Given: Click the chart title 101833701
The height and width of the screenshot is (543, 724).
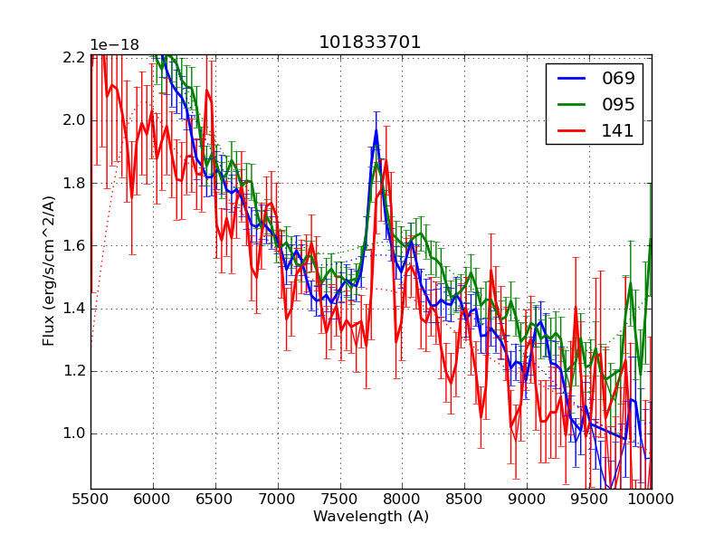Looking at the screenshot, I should click(370, 43).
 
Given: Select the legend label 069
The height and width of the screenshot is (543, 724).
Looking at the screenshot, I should click(619, 78).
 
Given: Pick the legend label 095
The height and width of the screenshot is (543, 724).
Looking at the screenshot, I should click(619, 104).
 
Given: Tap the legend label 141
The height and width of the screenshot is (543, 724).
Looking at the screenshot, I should click(619, 130).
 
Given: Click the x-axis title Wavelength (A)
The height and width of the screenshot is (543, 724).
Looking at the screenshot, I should click(371, 517).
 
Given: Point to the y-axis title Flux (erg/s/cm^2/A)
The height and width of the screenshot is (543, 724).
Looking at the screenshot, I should click(49, 271).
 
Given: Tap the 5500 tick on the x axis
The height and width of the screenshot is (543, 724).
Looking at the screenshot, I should click(90, 500).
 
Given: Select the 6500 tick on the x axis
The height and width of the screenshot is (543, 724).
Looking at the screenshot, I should click(215, 500).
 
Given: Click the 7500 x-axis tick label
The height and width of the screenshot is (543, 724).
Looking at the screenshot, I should click(340, 500).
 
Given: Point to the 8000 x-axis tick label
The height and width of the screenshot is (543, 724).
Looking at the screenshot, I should click(403, 500).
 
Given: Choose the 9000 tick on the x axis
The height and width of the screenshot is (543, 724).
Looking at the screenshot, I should click(528, 500).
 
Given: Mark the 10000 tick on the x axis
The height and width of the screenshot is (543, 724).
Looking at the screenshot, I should click(650, 500).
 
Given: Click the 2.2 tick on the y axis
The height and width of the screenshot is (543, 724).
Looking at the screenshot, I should click(73, 57).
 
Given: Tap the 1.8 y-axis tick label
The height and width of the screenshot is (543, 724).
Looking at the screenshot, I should click(73, 183).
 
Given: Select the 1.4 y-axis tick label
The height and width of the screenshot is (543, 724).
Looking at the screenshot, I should click(73, 308).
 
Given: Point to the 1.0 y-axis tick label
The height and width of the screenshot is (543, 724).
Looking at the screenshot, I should click(73, 433).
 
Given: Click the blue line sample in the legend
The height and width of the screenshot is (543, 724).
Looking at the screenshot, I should click(570, 78).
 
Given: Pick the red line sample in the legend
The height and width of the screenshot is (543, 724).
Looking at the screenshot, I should click(570, 130).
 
